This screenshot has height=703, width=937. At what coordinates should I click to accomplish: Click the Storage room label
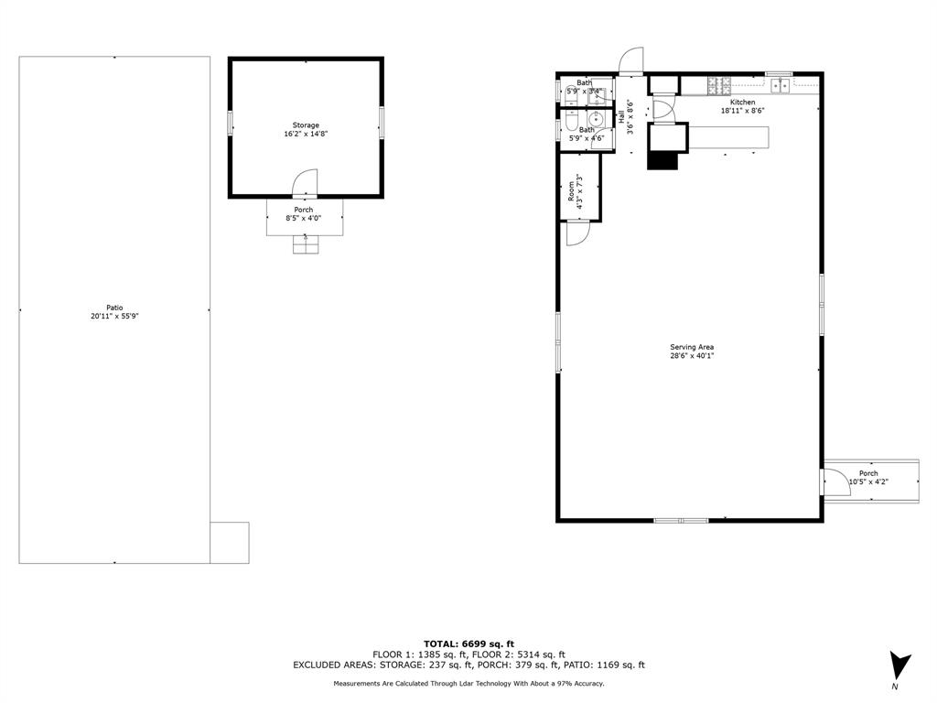306,125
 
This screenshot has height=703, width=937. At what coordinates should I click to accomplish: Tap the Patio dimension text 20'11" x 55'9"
114,316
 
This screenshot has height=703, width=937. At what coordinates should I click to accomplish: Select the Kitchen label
742,102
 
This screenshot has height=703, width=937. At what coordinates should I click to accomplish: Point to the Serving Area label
691,347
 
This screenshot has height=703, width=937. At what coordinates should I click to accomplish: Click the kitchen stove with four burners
718,85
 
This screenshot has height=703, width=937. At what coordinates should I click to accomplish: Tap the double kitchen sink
780,85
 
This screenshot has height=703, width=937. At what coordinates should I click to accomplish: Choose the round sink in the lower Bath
597,119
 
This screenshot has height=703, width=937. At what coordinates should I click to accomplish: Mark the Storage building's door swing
305,183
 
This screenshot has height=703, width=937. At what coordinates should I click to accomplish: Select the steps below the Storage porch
305,244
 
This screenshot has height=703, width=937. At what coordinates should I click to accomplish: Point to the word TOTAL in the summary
442,644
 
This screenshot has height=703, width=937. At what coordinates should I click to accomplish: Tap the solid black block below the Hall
662,158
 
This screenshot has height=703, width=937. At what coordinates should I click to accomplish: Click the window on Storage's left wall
230,123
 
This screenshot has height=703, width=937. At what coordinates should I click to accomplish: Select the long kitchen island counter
727,137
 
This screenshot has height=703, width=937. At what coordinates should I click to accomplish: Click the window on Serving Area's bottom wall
681,520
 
